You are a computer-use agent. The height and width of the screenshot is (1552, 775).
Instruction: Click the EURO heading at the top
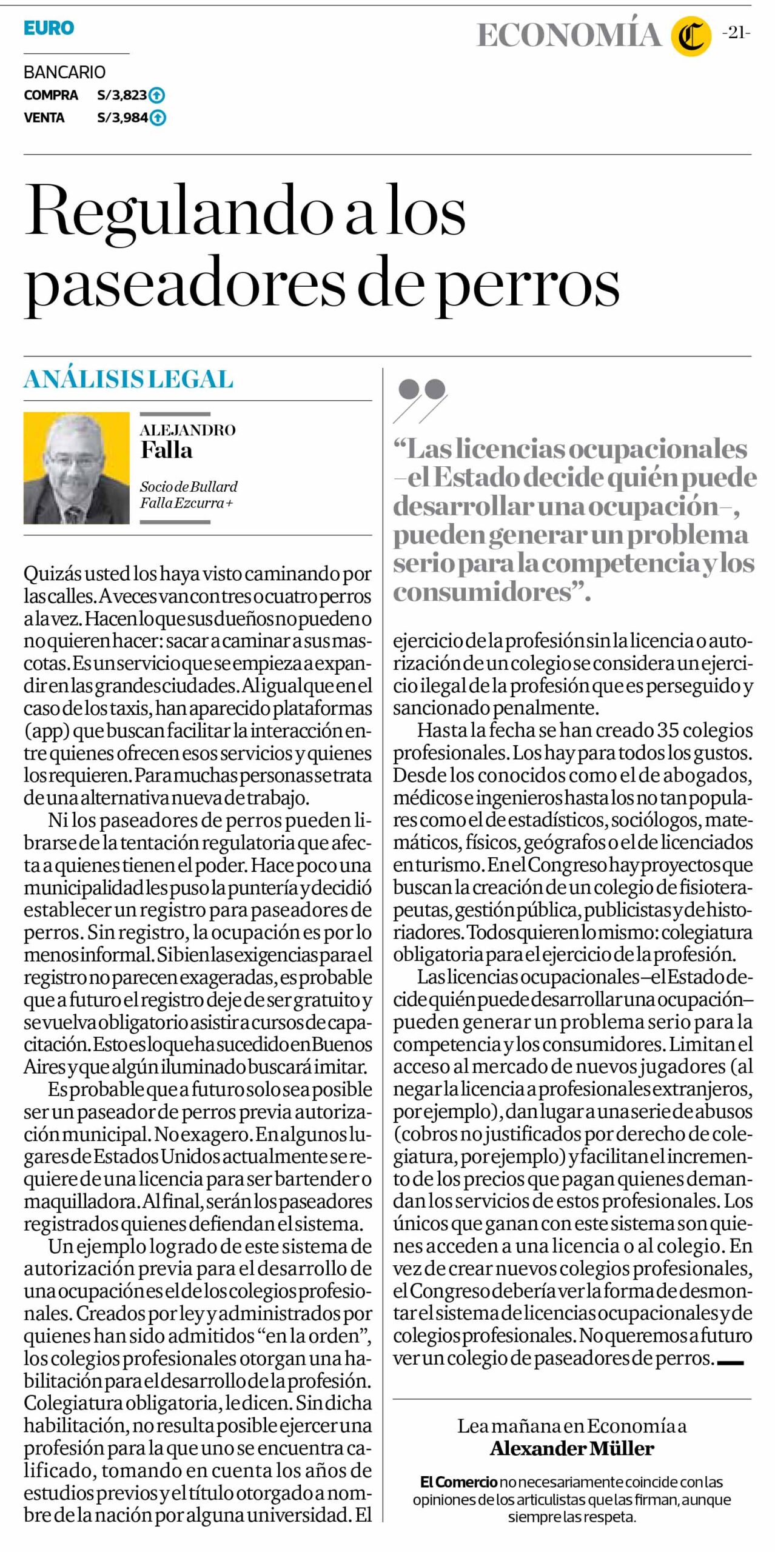tap(49, 28)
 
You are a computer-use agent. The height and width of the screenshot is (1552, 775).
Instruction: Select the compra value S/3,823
tap(122, 95)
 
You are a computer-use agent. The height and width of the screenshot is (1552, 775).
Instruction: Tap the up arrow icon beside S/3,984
tap(158, 118)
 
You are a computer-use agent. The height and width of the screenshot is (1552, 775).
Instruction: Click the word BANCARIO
tap(64, 72)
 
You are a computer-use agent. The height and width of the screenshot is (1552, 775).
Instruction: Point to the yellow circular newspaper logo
tap(691, 36)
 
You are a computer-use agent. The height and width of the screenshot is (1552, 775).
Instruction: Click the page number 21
tap(736, 33)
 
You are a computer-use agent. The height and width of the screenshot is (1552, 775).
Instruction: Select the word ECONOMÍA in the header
tap(568, 35)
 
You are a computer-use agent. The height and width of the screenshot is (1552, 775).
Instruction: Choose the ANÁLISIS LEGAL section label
tap(129, 380)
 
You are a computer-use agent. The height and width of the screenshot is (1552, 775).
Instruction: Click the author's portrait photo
tap(76, 468)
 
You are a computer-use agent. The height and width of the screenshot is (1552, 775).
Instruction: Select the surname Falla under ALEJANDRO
tap(166, 450)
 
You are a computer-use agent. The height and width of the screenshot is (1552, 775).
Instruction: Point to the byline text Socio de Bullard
tap(189, 486)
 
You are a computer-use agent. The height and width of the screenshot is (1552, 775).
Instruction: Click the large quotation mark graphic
tap(421, 400)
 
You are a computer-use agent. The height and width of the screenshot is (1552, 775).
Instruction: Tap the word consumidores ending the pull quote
tap(482, 592)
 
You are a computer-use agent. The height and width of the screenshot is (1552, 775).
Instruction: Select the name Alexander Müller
tap(572, 1448)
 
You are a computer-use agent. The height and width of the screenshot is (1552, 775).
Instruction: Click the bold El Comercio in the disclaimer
tap(458, 1482)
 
